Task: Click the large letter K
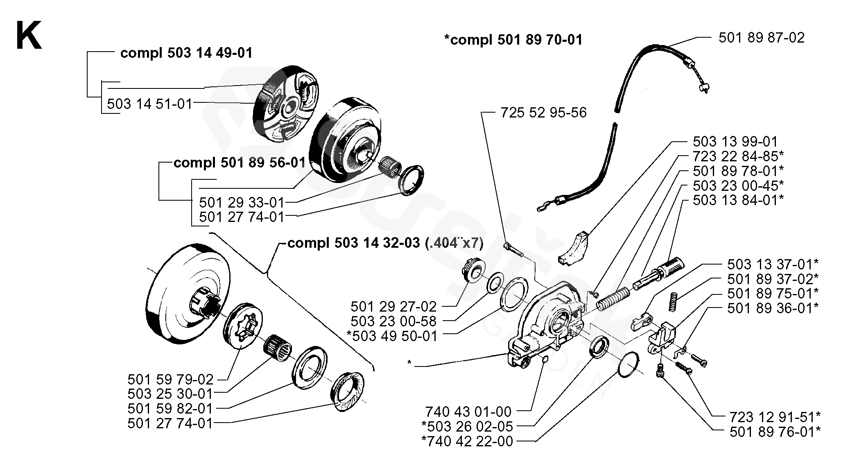coord(29,36)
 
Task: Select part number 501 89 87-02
coord(761,38)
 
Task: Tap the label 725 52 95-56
coord(543,112)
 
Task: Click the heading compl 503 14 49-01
coord(186,53)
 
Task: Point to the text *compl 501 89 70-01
coord(513,40)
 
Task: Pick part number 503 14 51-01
coord(149,104)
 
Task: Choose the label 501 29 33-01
coord(242,202)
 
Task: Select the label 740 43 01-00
coord(468,411)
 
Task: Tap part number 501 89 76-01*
coord(775,432)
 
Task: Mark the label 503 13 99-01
coord(735,142)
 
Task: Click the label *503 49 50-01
coord(392,336)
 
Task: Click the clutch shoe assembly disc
coord(286,105)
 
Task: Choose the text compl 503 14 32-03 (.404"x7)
coord(385,243)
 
